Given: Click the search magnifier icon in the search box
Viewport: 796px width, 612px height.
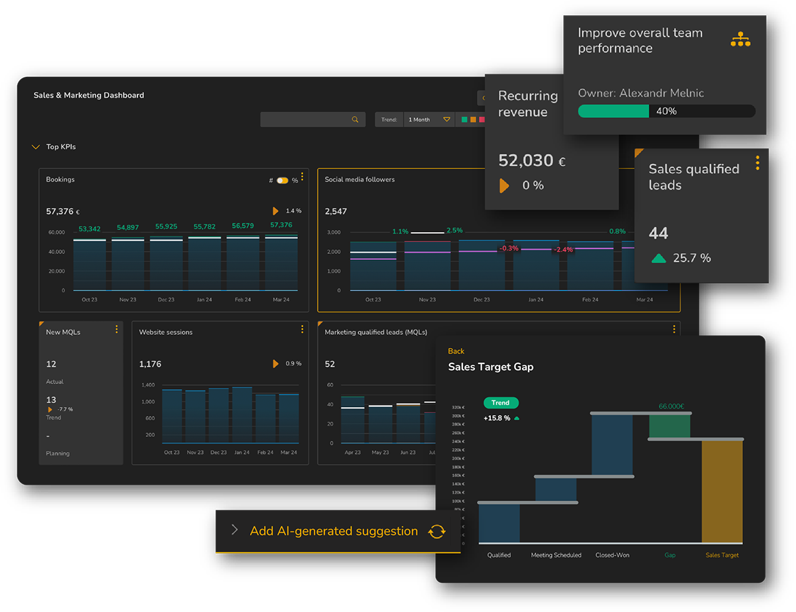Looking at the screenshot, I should point(355,120).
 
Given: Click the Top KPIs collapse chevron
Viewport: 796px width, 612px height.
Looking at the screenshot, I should point(36,147).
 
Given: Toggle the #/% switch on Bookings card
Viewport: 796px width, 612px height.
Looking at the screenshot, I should point(283,180).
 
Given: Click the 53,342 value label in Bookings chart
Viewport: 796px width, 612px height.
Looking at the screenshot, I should point(90,229).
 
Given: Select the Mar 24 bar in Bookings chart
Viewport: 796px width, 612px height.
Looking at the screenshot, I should point(281,263).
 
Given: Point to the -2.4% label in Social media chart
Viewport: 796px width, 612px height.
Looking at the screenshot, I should point(563,250).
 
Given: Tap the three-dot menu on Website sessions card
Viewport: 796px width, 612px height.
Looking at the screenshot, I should point(302,329).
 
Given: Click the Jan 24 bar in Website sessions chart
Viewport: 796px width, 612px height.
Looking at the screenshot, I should point(242,415).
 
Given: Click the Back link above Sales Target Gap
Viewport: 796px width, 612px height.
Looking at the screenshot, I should point(456,351).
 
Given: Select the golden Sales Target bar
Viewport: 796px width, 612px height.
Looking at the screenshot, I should point(722,491).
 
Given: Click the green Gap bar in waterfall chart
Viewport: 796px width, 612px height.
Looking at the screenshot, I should point(669,426).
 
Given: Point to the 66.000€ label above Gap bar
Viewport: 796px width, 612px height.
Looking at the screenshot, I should point(671,406).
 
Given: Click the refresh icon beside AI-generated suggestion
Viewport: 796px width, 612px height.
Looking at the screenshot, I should point(436,531).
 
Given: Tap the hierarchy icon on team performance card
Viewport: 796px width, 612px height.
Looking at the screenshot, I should point(740,40).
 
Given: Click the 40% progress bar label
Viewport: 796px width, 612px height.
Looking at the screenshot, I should point(666,111).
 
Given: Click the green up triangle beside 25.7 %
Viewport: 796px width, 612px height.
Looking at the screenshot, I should point(659,259).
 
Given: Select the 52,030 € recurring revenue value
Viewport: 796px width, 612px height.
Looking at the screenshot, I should point(531,160).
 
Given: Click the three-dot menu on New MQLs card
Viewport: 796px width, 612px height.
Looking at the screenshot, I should point(117,329).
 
